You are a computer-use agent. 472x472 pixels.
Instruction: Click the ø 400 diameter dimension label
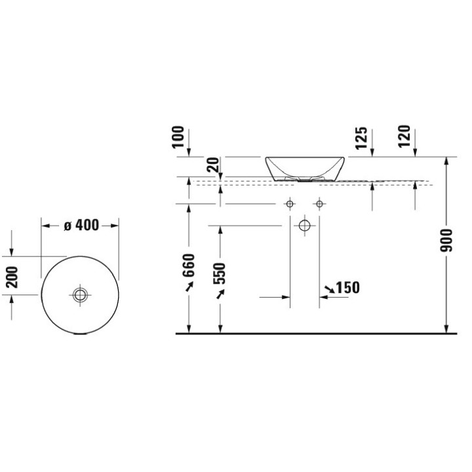point(81,226)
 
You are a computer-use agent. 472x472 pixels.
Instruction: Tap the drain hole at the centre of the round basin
point(80,295)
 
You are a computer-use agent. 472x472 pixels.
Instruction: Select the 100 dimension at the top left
point(179,138)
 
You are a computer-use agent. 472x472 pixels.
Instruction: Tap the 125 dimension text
point(360,138)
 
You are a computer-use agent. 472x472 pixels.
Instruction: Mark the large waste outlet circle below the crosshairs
point(304,226)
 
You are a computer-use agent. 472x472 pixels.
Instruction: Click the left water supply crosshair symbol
point(290,205)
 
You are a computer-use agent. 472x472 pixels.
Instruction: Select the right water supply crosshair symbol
point(319,205)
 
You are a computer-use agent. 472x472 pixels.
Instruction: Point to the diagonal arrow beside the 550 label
point(220,296)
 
